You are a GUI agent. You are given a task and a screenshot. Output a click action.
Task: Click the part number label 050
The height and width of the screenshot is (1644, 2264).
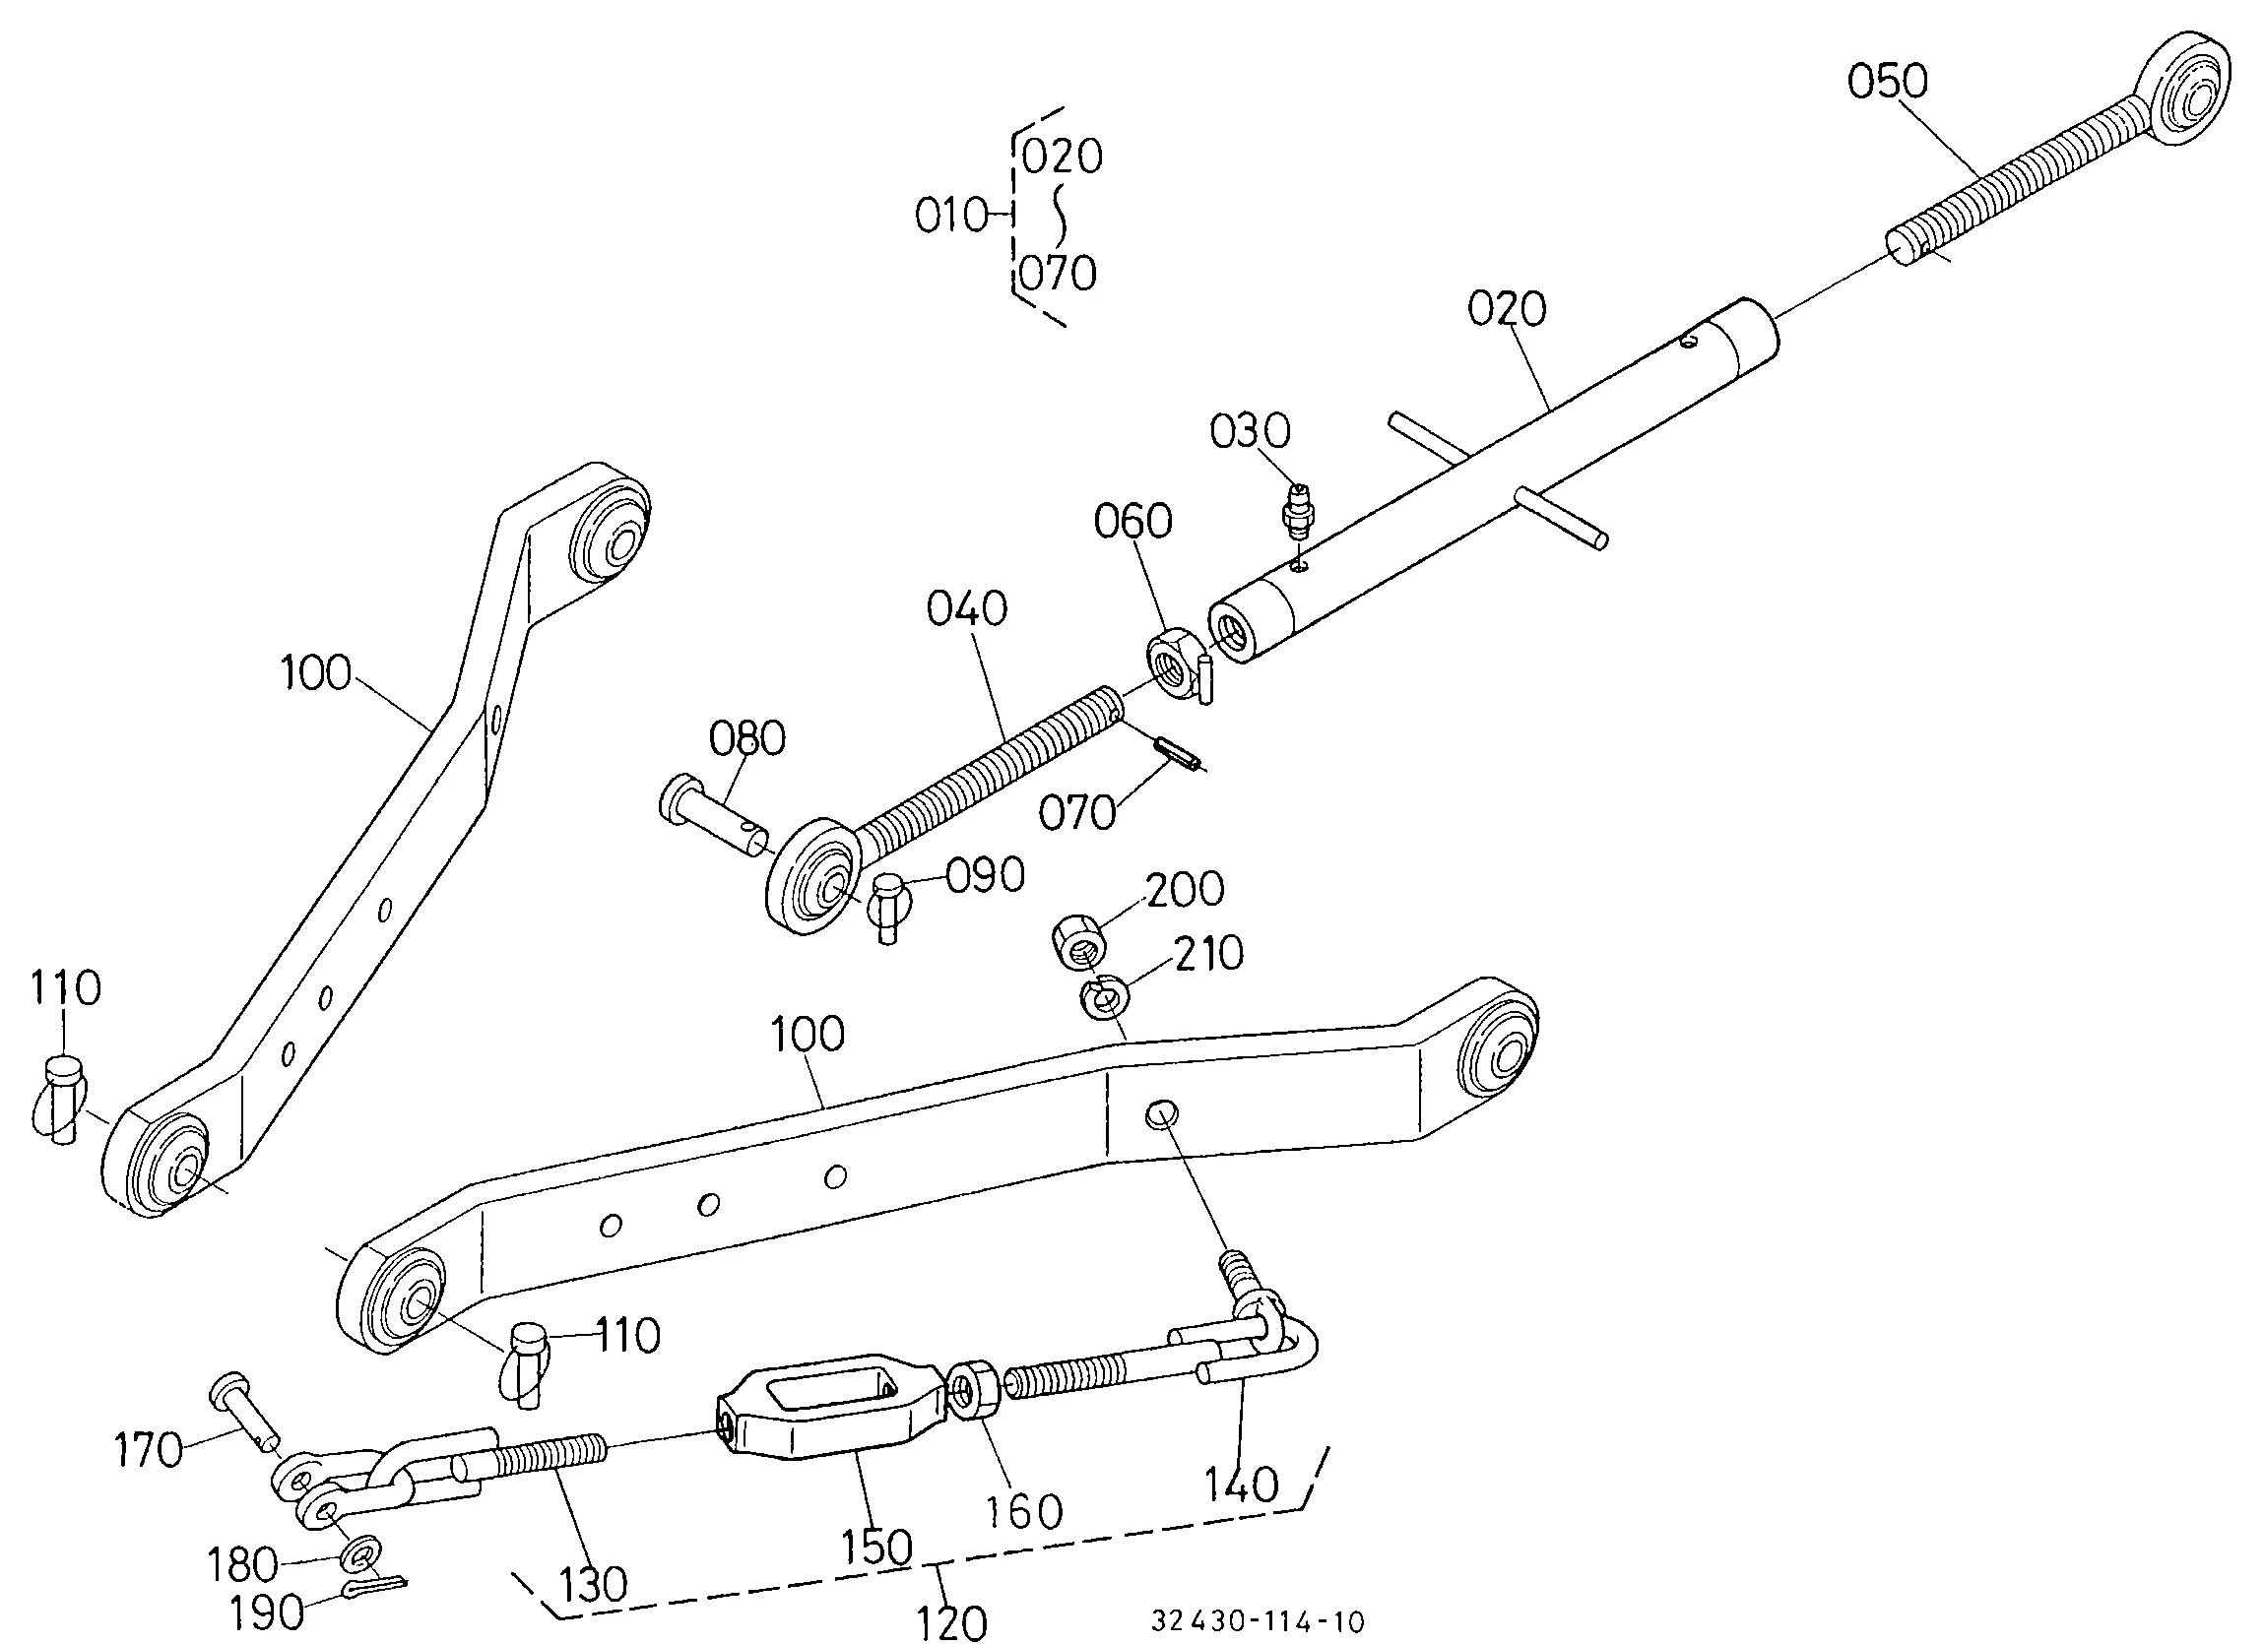[1887, 82]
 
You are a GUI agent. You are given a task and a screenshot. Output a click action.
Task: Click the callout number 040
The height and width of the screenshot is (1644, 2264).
[966, 609]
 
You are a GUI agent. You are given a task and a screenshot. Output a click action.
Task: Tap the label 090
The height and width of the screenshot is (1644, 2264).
[985, 875]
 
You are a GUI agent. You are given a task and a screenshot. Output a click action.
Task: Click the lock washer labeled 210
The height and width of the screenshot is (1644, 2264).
[1104, 997]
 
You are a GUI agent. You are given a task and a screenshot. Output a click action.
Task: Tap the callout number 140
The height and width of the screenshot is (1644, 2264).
[1240, 1486]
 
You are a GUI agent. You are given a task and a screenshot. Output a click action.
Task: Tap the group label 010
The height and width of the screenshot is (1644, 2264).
[951, 216]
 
